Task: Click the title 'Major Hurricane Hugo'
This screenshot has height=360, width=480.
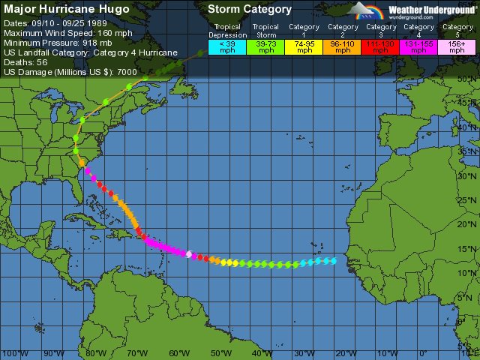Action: [x=67, y=10]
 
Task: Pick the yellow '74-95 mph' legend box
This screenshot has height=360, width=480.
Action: [x=304, y=46]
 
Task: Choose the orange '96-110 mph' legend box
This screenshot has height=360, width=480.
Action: [x=342, y=46]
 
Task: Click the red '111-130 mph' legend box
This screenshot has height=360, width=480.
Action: [x=380, y=46]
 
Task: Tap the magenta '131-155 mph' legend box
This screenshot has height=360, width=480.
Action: [x=418, y=46]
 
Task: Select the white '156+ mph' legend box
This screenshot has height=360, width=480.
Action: [x=457, y=46]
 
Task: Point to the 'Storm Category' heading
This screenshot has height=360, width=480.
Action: [x=250, y=10]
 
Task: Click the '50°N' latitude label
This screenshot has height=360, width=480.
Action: [x=468, y=78]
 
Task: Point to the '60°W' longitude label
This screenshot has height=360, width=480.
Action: [x=178, y=353]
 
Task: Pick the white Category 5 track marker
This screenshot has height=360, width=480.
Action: [x=189, y=253]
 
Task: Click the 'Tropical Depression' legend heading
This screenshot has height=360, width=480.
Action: [x=227, y=31]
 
